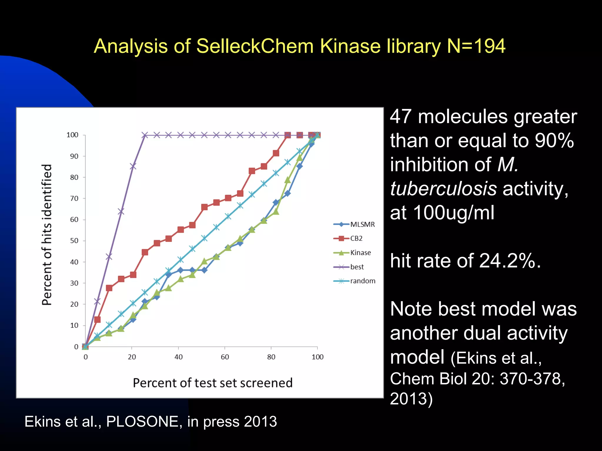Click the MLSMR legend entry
coord(362,225)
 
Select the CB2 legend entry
coord(356,238)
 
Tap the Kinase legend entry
coord(360,253)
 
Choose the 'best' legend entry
coord(357,267)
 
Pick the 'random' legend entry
coord(362,281)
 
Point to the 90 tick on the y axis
coord(74,156)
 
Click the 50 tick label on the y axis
coord(74,241)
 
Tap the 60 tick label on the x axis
coord(225,357)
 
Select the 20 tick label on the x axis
coord(132,357)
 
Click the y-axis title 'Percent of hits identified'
coord(47,235)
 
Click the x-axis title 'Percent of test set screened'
coord(213,383)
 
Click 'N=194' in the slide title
coord(476,46)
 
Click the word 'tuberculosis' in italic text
coord(443,189)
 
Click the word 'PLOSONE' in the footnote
coord(142,422)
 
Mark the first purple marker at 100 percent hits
coord(145,135)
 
